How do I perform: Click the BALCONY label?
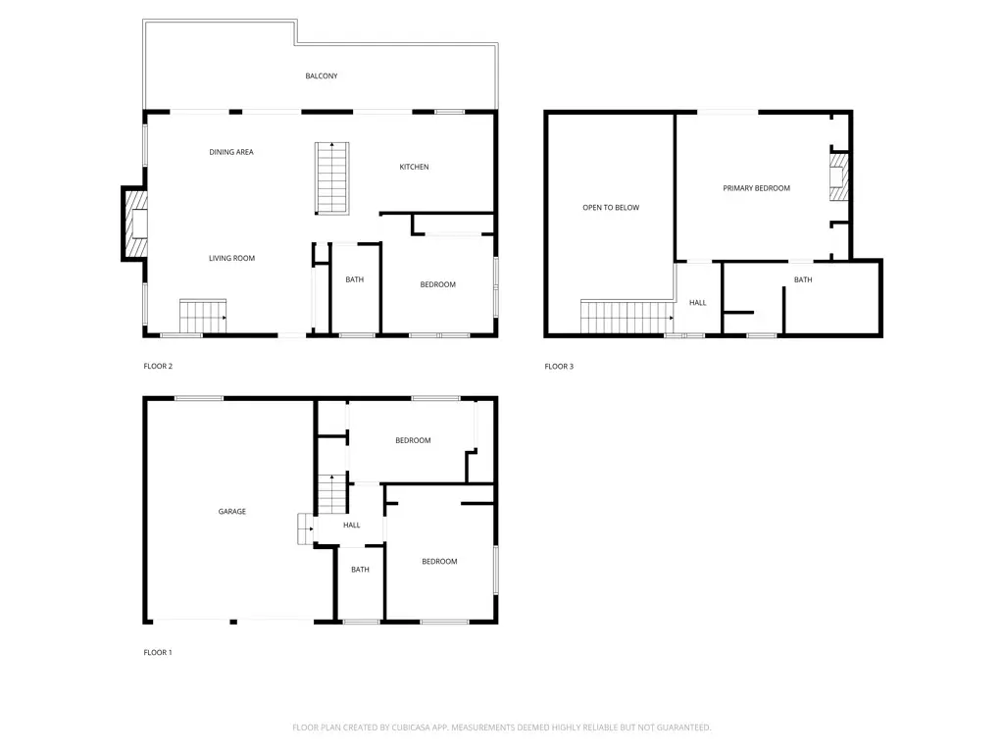coord(322,75)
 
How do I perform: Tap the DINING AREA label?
coord(231,152)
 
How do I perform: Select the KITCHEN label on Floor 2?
coord(414,167)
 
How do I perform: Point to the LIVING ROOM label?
coord(231,258)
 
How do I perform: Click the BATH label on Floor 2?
coord(354,279)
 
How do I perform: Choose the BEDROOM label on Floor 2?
coord(438,284)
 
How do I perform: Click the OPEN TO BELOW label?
coord(611,208)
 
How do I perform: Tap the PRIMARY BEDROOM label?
coord(756,188)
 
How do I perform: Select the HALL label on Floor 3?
coord(697,303)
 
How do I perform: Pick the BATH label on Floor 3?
coord(803,279)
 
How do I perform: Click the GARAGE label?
coord(232,511)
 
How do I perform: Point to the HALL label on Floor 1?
coord(351,525)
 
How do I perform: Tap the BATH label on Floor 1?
coord(360,570)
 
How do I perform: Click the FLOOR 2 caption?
coord(158,366)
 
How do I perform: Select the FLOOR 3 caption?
coord(559,366)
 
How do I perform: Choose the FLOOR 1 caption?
coord(157,652)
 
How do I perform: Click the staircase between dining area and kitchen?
coord(331,177)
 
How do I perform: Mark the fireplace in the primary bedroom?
coord(838,177)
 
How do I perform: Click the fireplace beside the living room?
coord(134,225)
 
